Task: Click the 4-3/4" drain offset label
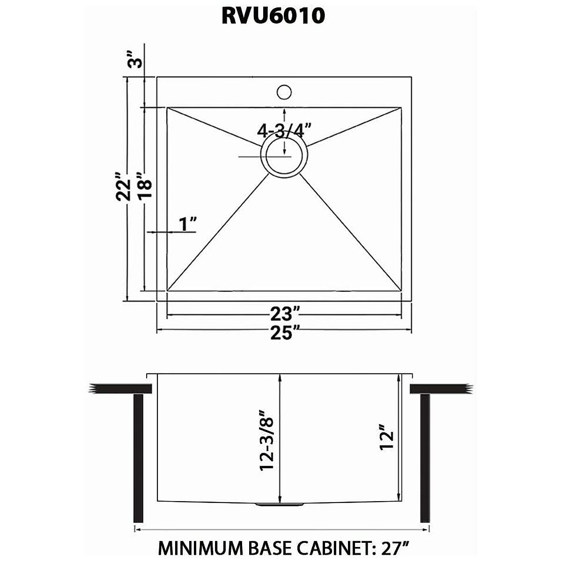tap(284, 130)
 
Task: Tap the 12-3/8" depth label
tap(267, 441)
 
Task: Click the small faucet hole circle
tap(284, 92)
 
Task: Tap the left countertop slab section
tap(121, 389)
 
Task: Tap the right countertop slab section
tap(440, 389)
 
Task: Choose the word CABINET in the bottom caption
tap(329, 547)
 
